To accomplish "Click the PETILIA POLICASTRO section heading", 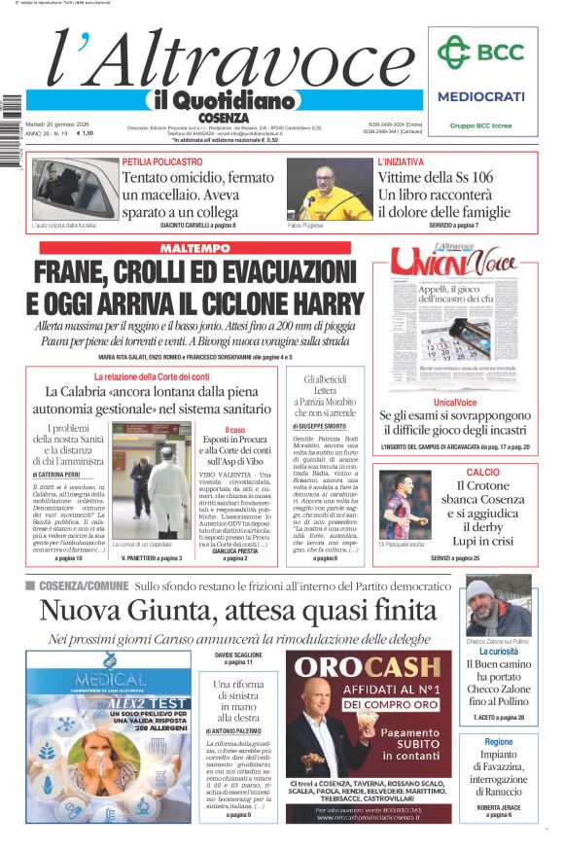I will pos(162,161).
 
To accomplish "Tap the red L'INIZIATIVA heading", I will pos(401,161).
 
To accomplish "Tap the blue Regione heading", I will pos(499,742).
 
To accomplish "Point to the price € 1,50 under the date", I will pos(86,133).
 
